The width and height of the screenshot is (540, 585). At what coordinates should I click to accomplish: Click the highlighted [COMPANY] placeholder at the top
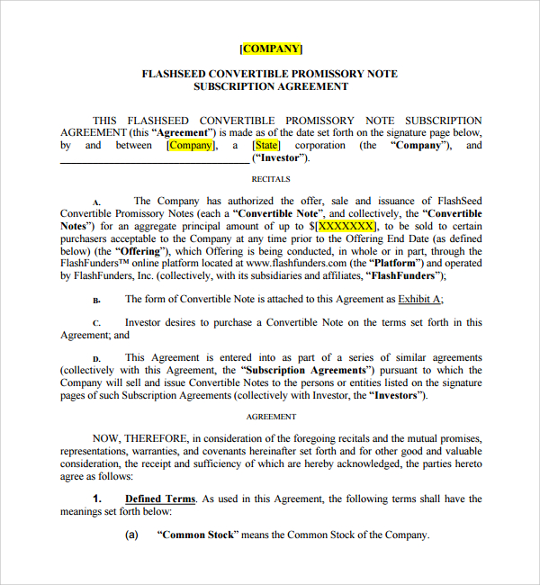pyautogui.click(x=271, y=49)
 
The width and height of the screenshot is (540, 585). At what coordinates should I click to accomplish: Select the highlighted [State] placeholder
pyautogui.click(x=266, y=145)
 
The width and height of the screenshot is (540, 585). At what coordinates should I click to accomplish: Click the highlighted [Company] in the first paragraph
pyautogui.click(x=190, y=145)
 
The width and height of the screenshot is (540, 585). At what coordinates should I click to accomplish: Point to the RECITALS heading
pyautogui.click(x=270, y=179)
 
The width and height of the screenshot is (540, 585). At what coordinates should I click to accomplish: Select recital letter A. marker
pyautogui.click(x=96, y=202)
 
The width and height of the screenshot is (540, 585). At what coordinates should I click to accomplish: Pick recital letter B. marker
pyautogui.click(x=96, y=300)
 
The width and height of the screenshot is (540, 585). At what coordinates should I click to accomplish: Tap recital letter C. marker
pyautogui.click(x=96, y=323)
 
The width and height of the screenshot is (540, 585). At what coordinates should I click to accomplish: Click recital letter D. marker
pyautogui.click(x=96, y=358)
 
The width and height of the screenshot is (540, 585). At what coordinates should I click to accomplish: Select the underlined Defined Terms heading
pyautogui.click(x=159, y=499)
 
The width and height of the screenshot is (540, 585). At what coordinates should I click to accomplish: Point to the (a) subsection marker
pyautogui.click(x=131, y=535)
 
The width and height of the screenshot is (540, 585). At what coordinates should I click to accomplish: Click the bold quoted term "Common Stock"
pyautogui.click(x=197, y=535)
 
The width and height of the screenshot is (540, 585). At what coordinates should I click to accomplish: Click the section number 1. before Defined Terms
pyautogui.click(x=99, y=499)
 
